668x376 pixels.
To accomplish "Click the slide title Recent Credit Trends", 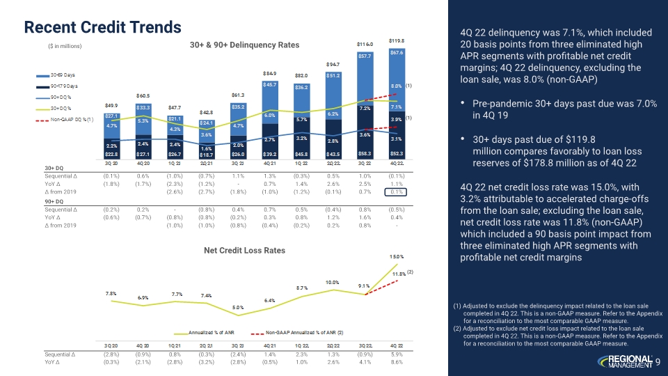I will (102, 26).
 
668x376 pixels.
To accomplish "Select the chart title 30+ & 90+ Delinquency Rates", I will (244, 45).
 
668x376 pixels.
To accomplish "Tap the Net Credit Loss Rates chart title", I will (244, 249).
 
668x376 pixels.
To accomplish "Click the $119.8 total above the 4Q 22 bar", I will (397, 40).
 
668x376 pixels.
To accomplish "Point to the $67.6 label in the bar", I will (397, 52).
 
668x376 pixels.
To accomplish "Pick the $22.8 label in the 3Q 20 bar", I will (92, 153).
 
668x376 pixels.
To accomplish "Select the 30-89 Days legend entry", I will (61, 72).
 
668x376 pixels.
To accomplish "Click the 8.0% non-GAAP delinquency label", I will (397, 86).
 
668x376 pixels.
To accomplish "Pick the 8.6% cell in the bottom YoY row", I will (397, 362).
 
